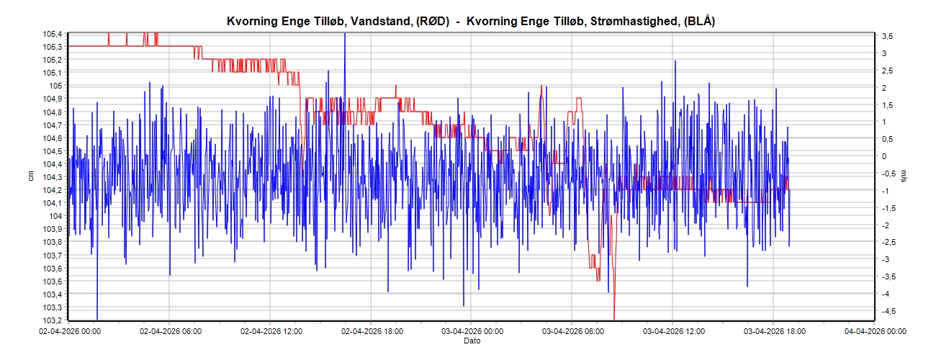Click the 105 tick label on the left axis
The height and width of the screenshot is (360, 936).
point(56,86)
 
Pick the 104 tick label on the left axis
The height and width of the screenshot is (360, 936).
point(56,216)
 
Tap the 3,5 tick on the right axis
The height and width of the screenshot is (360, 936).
point(888,36)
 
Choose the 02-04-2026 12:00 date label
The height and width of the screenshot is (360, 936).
point(270,332)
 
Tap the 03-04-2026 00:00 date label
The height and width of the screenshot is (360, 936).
point(471,332)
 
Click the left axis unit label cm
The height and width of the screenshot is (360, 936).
point(31,176)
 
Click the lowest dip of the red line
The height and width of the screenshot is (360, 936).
point(614,318)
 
